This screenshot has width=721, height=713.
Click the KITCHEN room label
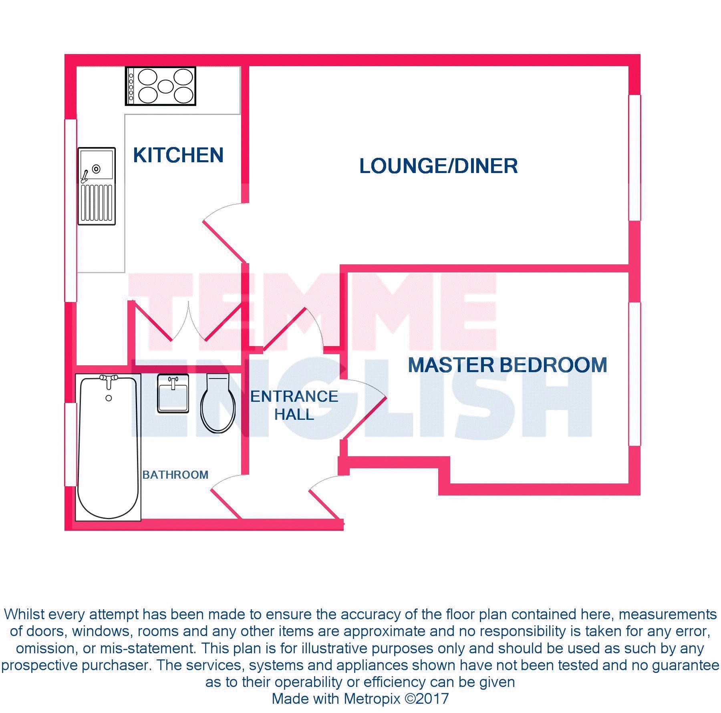click(x=178, y=155)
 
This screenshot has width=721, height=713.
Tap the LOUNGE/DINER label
click(x=438, y=166)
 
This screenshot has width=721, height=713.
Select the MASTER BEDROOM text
click(x=507, y=365)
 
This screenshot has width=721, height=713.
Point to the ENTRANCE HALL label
click(x=294, y=405)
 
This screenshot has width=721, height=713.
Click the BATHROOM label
click(x=175, y=475)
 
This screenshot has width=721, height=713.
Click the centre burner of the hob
click(x=165, y=86)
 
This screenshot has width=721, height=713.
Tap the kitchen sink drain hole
click(x=96, y=169)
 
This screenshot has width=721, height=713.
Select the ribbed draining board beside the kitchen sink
click(x=97, y=203)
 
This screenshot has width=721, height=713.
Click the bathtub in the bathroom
click(x=108, y=449)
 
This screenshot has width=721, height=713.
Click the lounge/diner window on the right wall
click(x=634, y=157)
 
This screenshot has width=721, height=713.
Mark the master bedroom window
click(x=634, y=374)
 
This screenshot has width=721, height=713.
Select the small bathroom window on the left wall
click(x=70, y=445)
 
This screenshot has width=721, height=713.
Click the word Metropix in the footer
click(x=372, y=699)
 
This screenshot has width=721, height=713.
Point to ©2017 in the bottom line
click(x=427, y=699)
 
